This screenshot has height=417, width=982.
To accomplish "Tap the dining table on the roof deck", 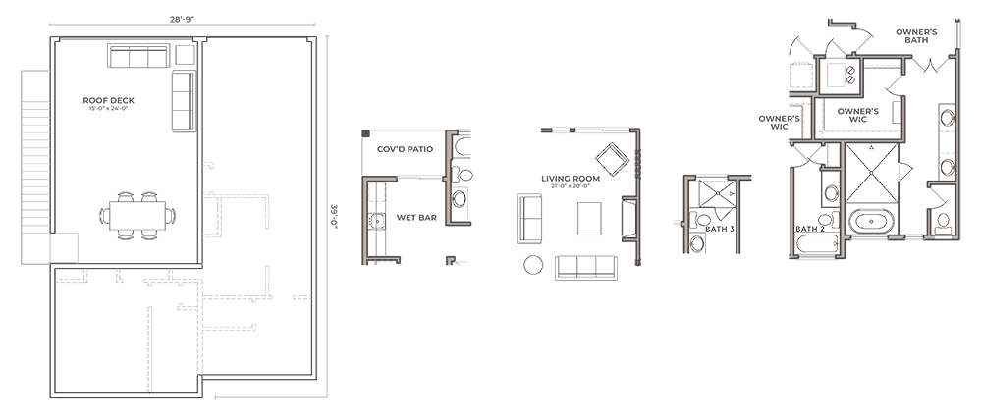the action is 136,215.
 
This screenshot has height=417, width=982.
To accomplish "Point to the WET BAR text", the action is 417,217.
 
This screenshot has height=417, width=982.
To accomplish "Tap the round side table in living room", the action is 534,264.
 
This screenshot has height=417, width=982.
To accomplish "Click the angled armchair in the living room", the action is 614,156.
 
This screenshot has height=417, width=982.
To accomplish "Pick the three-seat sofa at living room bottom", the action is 586,267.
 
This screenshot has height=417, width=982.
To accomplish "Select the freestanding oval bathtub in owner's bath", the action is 872,221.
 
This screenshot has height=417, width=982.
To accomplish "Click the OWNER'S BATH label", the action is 916,36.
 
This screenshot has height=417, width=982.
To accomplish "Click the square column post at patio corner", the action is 365,134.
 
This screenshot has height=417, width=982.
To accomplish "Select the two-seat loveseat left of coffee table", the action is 531,218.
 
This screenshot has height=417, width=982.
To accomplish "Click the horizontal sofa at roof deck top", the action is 138,58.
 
